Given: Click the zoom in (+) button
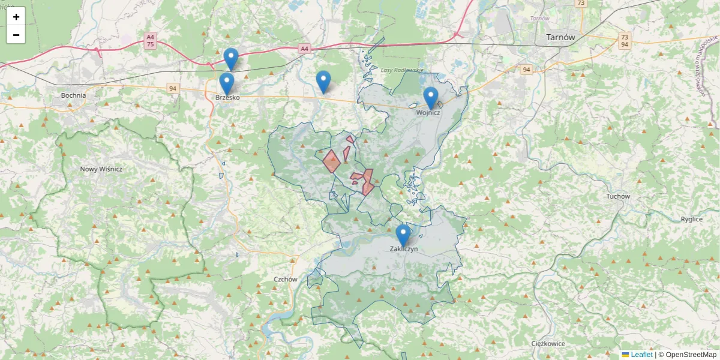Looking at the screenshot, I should tap(16, 17).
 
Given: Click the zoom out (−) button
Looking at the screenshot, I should tap(16, 35).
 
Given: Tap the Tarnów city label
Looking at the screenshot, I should tap(560, 37).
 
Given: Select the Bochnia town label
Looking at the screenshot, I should tap(73, 95).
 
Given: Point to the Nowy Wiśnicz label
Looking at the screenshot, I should tap(101, 169).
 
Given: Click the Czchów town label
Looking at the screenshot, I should tap(285, 279).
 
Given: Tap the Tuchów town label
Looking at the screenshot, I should tap(618, 196).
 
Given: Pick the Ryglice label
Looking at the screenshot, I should tap(691, 219).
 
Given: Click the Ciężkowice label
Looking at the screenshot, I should tap(548, 344).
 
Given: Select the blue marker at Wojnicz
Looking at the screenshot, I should tap(431, 98).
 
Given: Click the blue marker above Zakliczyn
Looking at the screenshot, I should tap(403, 235).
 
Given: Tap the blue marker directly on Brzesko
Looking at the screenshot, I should tap(226, 83).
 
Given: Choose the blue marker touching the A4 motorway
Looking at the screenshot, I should tap(231, 58).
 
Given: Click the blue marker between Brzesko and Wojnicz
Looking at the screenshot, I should tap(323, 82).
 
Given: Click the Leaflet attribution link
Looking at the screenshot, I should tap(641, 355).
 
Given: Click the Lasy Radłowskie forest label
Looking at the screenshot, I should tap(402, 70).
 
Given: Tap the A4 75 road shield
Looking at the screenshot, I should tap(150, 40).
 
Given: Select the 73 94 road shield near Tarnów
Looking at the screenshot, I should tap(625, 40).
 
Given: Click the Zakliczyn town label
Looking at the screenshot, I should tap(403, 248).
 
